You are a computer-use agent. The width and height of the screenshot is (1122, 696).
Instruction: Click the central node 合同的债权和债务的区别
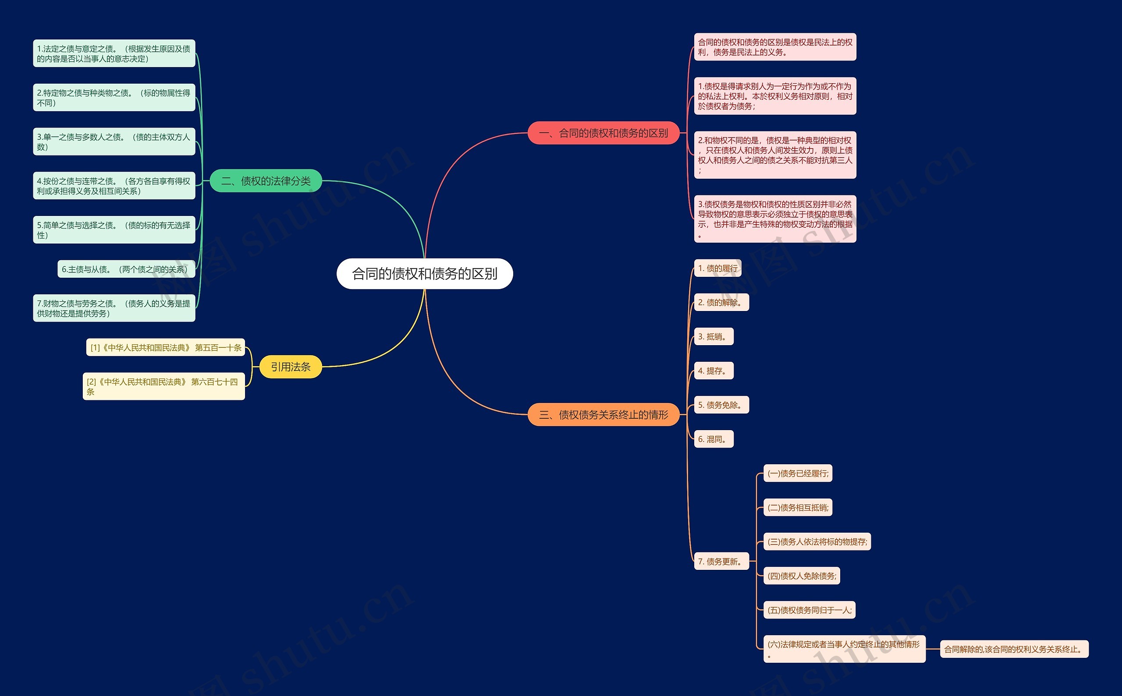[x=424, y=274]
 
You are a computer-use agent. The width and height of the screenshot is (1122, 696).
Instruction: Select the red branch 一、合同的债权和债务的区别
[x=603, y=133]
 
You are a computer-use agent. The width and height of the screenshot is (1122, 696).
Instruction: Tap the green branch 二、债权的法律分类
[x=266, y=181]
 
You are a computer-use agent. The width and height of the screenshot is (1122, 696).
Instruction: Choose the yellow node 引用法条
[x=290, y=367]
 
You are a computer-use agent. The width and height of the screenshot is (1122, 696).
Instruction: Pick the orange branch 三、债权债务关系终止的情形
[x=603, y=415]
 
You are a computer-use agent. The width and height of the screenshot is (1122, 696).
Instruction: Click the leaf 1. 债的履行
[x=717, y=269]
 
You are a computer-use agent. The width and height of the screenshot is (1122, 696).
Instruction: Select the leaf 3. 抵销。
[x=713, y=336]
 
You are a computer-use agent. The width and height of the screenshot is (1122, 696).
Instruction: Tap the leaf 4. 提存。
[x=713, y=371]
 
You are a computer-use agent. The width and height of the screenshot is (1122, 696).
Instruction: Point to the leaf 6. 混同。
[x=713, y=439]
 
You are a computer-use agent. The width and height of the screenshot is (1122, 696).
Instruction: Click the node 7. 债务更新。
[x=721, y=562]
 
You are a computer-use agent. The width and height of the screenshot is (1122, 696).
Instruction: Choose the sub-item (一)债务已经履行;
[x=797, y=473]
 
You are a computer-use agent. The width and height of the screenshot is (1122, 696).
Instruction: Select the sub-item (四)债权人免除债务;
[x=802, y=576]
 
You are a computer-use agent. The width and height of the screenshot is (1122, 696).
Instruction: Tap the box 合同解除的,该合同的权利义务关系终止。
[x=1014, y=649]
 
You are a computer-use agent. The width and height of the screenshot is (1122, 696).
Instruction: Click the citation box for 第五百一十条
[x=165, y=347]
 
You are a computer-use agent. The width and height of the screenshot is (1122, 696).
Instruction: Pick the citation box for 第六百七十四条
[x=163, y=386]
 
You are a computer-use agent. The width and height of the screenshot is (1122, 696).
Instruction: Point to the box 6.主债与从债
[x=126, y=269]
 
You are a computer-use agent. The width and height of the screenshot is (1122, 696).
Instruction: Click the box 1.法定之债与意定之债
[x=114, y=53]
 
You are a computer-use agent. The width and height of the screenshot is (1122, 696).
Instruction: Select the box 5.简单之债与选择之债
[x=114, y=230]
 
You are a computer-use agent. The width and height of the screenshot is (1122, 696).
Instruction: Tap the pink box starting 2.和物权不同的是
[x=775, y=155]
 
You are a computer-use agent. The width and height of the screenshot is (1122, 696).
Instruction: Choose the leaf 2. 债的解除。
[x=721, y=302]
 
